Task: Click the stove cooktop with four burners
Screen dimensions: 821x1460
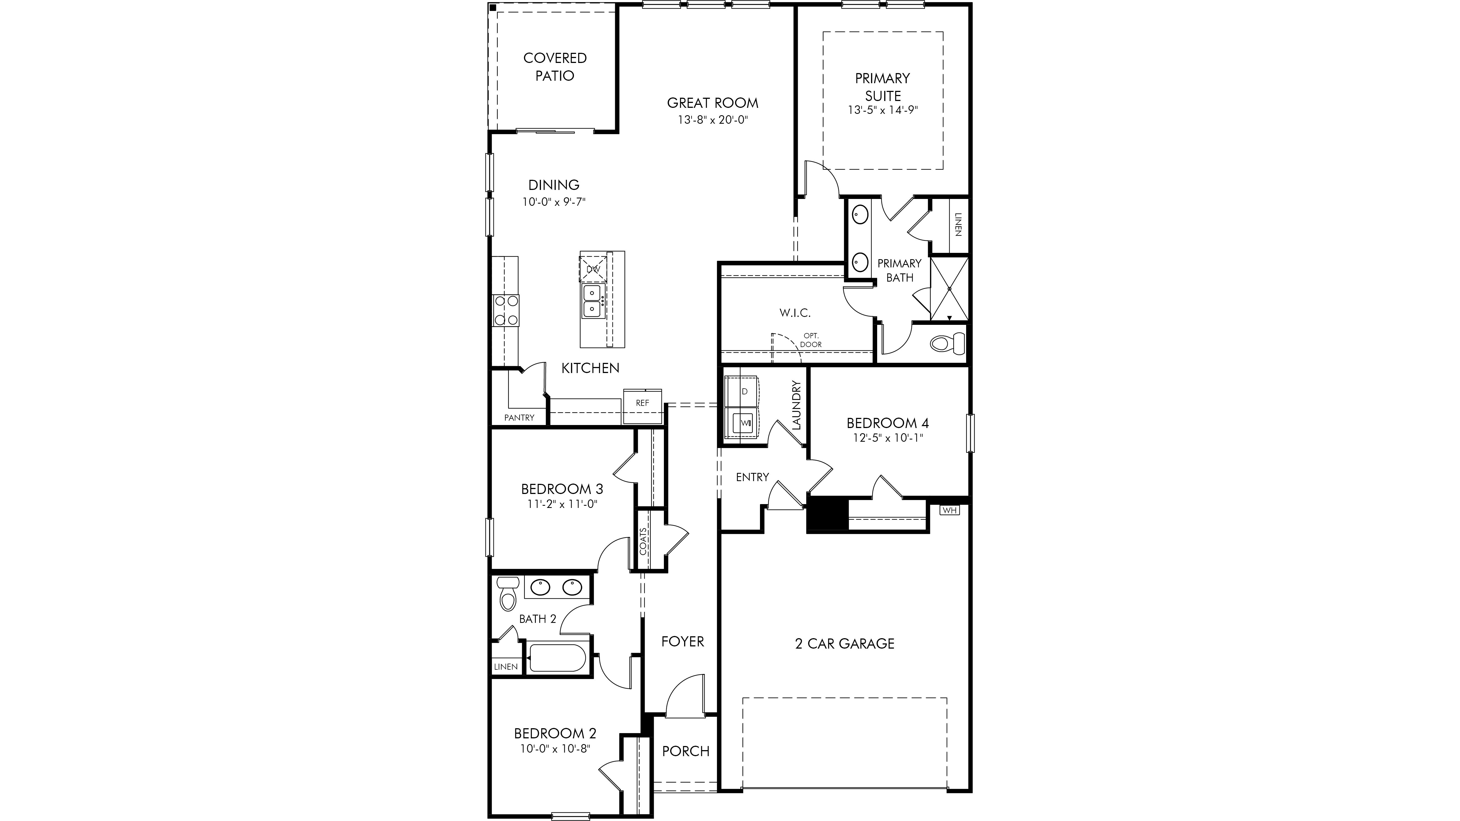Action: point(110,311)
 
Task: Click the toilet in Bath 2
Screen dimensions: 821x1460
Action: point(508,593)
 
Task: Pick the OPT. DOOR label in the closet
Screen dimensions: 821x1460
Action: point(810,340)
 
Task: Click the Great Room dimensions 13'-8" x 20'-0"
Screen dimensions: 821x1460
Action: point(712,120)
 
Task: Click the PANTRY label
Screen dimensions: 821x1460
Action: point(519,418)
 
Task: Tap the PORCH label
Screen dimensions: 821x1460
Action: point(686,751)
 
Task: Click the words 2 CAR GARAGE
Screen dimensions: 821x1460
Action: point(845,644)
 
